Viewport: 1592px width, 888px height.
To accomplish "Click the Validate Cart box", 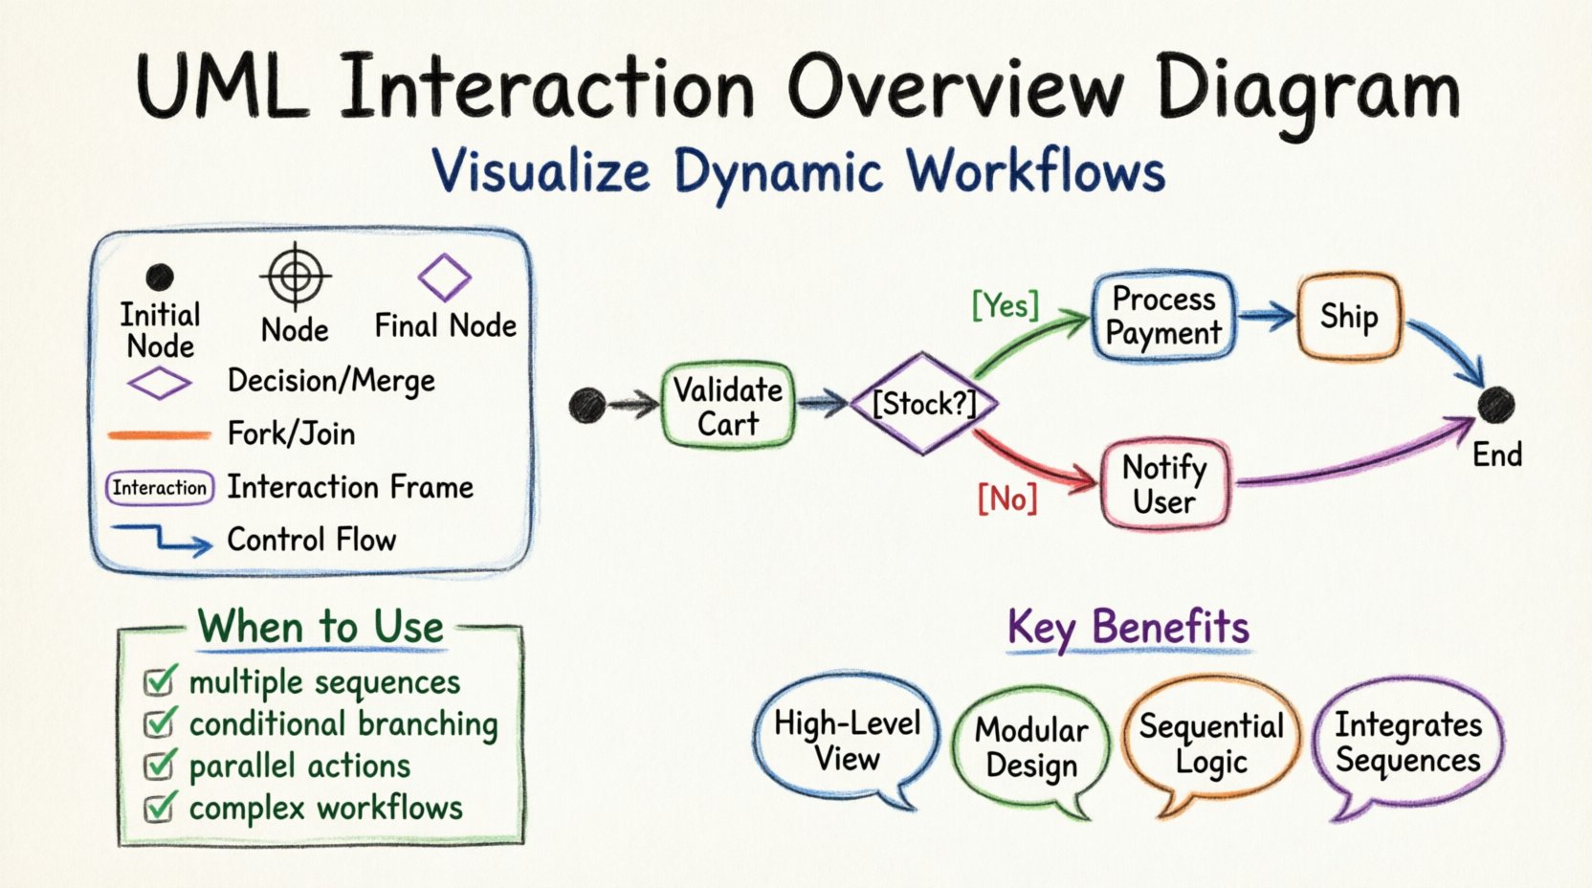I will point(728,406).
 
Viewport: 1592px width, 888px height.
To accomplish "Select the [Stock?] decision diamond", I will point(923,404).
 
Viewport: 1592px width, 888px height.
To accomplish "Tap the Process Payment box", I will point(1162,316).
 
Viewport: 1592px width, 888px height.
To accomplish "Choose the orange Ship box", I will point(1349,316).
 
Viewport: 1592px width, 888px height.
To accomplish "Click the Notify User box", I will point(1164,484).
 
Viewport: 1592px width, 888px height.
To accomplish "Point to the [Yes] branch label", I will point(1005,305).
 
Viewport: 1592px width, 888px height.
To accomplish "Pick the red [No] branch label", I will point(1006,499).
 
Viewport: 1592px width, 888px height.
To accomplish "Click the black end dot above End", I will point(1495,405).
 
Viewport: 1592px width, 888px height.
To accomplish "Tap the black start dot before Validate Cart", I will point(586,406).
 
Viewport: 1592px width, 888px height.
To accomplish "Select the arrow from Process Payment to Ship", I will point(1266,317).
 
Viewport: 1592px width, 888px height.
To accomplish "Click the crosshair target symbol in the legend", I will point(296,276).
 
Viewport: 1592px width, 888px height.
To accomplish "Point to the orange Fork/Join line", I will point(159,435).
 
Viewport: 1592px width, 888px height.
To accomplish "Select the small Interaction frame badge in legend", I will point(159,488).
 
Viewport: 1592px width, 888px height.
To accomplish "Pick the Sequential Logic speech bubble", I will point(1210,744).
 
